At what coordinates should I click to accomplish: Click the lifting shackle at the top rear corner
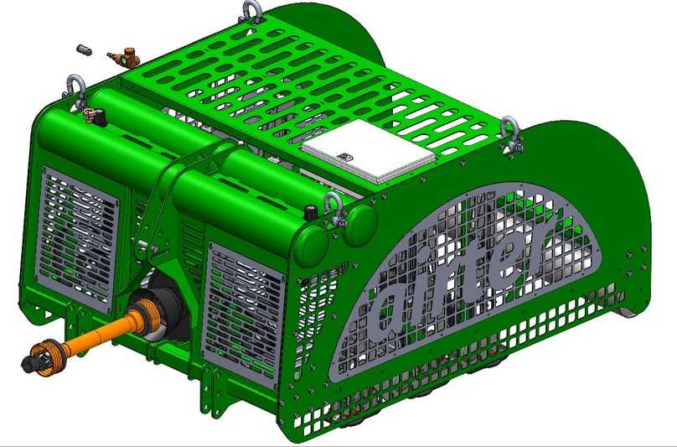(x=250, y=11)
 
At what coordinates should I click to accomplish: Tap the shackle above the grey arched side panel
(x=509, y=134)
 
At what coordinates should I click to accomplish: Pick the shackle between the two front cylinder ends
(x=333, y=205)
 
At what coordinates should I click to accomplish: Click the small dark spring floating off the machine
(x=83, y=50)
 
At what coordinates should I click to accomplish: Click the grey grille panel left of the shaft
(x=79, y=236)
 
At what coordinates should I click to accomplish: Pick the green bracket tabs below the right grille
(x=222, y=390)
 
